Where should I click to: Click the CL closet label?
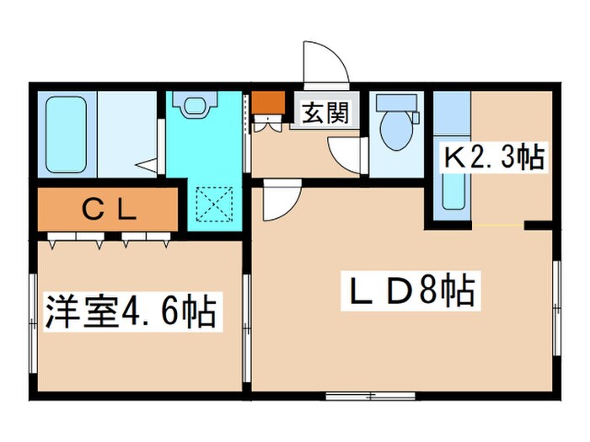pos(108,210)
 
